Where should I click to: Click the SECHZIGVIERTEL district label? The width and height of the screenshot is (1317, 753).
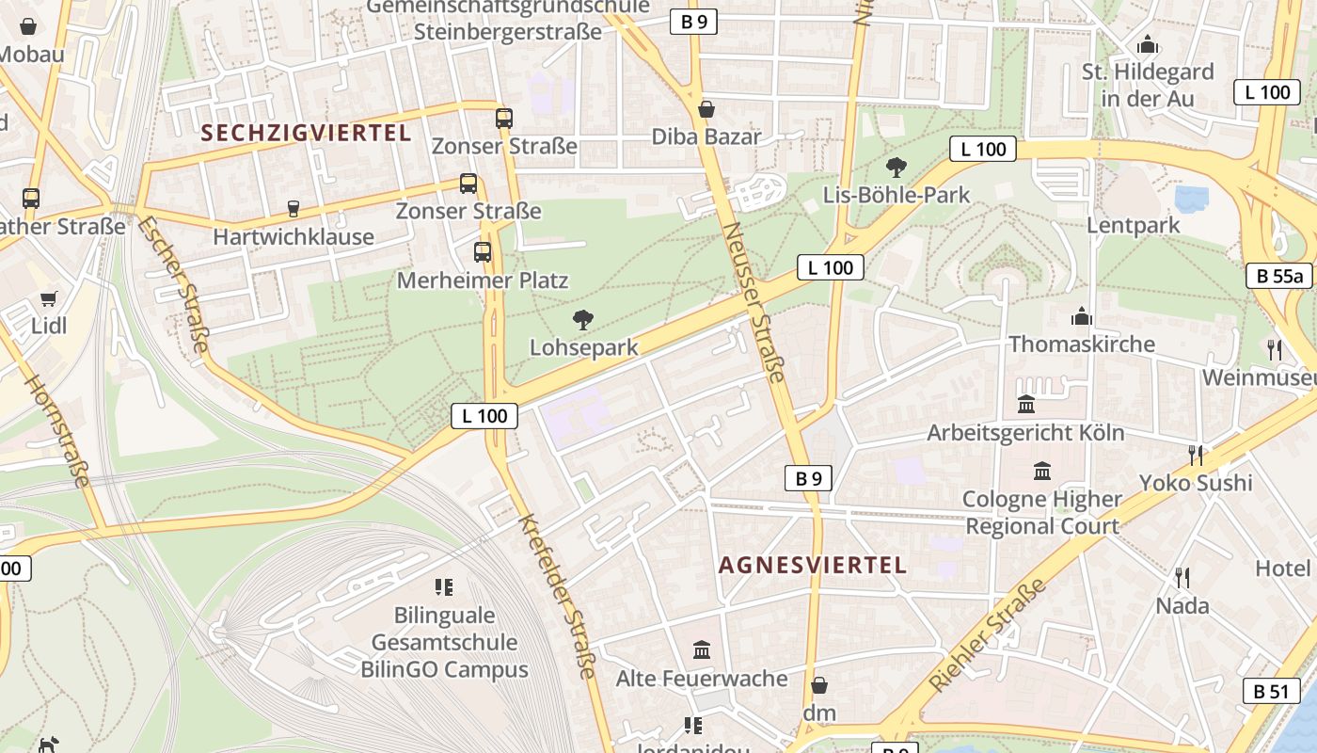click(x=307, y=133)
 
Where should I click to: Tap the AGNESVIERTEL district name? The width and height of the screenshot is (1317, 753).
click(x=813, y=565)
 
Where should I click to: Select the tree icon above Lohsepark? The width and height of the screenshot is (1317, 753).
click(x=583, y=319)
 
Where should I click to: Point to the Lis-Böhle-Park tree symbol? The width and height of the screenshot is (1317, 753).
click(x=897, y=167)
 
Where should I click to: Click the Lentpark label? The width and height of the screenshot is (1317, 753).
click(x=1133, y=225)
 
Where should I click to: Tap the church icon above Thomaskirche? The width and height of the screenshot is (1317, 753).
click(x=1082, y=315)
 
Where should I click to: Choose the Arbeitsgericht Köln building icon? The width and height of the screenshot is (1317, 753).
click(x=1026, y=404)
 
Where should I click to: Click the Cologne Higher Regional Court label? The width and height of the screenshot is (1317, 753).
click(x=1042, y=512)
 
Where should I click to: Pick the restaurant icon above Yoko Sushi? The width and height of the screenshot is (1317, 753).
click(x=1196, y=455)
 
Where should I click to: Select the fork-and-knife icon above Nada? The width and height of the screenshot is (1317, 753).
click(x=1182, y=577)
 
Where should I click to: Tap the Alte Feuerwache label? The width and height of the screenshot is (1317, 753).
click(x=702, y=678)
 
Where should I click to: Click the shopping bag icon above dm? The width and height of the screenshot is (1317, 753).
click(x=819, y=684)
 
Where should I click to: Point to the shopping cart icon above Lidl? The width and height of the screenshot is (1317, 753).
click(x=48, y=298)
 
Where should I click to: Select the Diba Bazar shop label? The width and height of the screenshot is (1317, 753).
click(x=706, y=136)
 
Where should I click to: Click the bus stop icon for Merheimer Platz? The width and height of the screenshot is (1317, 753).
click(x=483, y=251)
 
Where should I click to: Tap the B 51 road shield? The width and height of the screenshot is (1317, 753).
click(x=1271, y=690)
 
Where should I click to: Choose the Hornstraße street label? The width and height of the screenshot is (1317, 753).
click(x=58, y=431)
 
